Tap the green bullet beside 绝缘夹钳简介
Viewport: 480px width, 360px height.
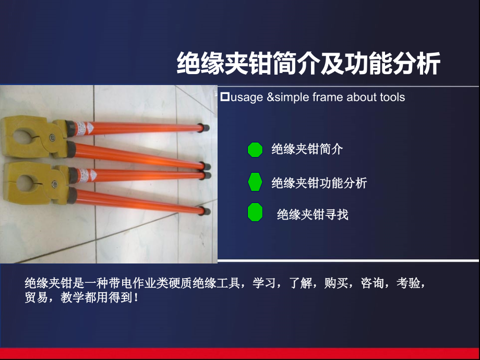(255, 150)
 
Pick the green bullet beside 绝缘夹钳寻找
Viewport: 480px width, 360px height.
(255, 212)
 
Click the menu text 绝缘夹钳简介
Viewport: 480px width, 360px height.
(307, 150)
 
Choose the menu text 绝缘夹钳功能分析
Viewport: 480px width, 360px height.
(319, 183)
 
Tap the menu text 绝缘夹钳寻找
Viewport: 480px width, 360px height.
(312, 214)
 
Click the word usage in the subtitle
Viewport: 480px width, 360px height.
(246, 98)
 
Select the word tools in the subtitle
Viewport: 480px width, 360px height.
(392, 98)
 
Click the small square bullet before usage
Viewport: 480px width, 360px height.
(225, 97)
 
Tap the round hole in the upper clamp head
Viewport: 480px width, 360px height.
(22, 137)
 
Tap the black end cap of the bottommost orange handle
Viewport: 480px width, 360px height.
(206, 212)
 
